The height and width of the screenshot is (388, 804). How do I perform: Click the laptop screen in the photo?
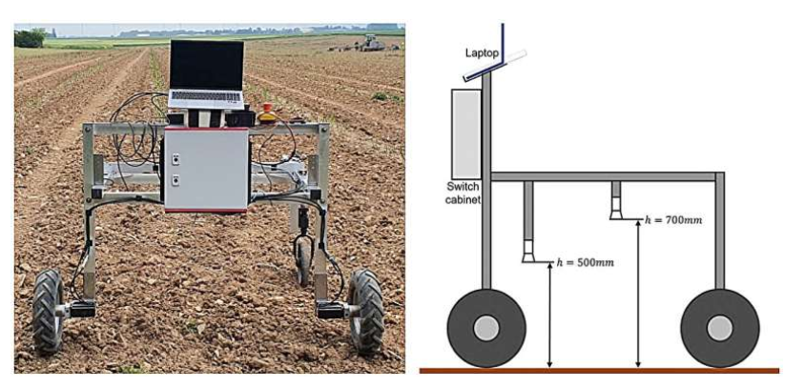pyautogui.click(x=207, y=65)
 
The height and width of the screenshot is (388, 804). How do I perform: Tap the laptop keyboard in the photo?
pyautogui.click(x=206, y=96)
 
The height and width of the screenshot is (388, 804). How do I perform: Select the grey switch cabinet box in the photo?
pyautogui.click(x=206, y=170)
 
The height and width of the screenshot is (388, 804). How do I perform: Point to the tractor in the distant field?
pyautogui.click(x=372, y=43)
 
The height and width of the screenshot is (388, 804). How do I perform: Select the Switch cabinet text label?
pyautogui.click(x=463, y=194)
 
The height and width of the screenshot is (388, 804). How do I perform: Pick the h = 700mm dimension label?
pyautogui.click(x=673, y=220)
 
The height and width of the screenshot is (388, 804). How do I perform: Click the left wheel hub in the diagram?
pyautogui.click(x=486, y=328)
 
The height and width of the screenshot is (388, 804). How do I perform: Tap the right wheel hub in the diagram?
pyautogui.click(x=719, y=328)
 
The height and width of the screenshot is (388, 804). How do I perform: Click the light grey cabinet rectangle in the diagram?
pyautogui.click(x=466, y=134)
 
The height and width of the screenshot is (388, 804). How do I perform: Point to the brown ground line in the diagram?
pyautogui.click(x=599, y=371)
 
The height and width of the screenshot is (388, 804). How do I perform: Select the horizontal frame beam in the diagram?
pyautogui.click(x=604, y=176)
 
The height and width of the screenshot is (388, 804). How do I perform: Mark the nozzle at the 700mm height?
pyautogui.click(x=616, y=209)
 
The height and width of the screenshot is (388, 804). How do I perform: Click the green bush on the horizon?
pyautogui.click(x=31, y=38)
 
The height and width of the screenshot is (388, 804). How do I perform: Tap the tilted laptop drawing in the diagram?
pyautogui.click(x=495, y=63)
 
